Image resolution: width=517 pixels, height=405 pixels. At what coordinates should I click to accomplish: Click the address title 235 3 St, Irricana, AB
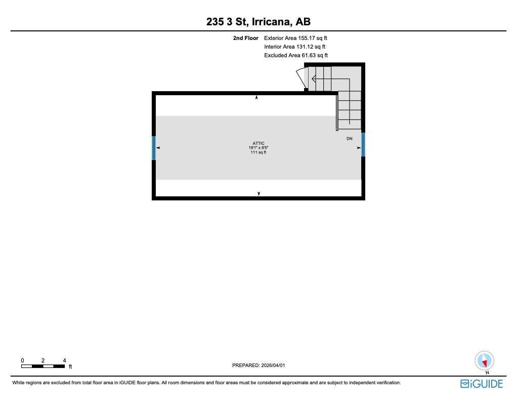click(258, 22)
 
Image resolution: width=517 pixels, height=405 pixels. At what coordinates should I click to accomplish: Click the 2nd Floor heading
click(245, 38)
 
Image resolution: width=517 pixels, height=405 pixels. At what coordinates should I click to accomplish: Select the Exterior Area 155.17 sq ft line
click(295, 38)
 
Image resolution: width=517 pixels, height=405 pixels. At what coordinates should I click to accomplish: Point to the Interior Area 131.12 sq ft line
click(294, 47)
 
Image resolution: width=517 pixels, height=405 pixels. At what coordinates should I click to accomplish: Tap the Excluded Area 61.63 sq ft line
click(296, 55)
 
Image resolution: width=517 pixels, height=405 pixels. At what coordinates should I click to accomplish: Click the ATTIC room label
click(258, 143)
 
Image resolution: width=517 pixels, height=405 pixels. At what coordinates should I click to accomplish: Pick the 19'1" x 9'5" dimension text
click(258, 148)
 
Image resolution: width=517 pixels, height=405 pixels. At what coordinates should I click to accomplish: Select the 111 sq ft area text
click(258, 152)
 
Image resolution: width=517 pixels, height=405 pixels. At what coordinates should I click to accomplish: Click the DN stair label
click(349, 138)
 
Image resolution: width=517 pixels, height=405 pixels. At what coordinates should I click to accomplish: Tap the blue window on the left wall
click(154, 148)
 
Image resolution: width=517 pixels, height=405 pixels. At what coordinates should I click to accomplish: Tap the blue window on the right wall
click(363, 144)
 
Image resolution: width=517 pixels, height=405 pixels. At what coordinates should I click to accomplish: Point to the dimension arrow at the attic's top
click(256, 97)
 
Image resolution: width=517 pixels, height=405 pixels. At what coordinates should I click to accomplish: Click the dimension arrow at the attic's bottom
click(259, 193)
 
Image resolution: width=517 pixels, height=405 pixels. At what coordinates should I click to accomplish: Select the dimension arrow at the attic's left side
click(158, 148)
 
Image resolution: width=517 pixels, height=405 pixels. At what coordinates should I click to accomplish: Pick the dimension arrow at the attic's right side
click(359, 148)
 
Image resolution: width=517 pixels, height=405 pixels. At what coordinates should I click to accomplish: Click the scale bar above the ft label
click(43, 366)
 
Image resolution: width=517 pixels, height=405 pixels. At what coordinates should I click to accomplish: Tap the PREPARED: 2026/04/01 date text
click(262, 366)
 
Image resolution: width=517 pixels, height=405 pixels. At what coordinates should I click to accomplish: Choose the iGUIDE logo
click(481, 384)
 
